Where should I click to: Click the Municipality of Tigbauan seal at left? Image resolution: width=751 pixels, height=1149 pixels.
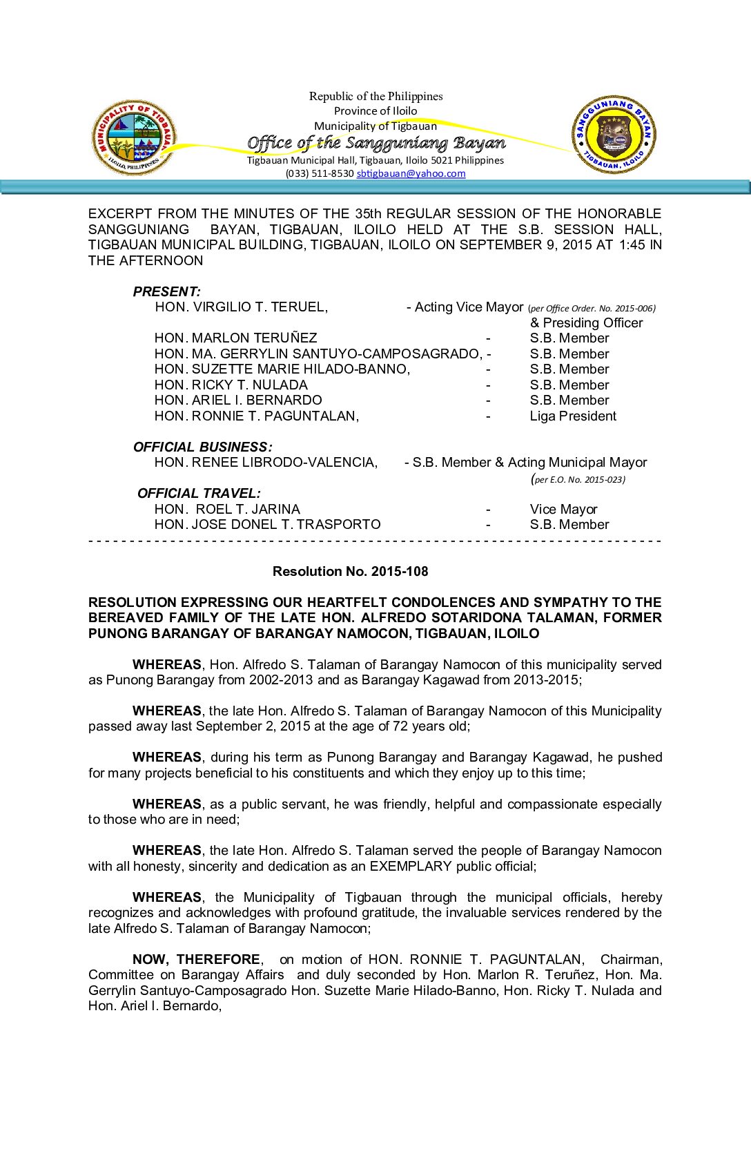(x=133, y=137)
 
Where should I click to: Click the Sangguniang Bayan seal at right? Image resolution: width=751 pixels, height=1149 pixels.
(x=614, y=135)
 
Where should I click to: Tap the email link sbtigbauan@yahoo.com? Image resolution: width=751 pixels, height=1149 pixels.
(x=411, y=173)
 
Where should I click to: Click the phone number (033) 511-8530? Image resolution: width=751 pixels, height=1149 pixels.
(x=320, y=173)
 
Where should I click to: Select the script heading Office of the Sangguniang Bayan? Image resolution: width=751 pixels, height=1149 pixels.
(x=376, y=143)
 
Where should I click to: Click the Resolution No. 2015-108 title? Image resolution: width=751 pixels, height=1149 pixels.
(x=350, y=571)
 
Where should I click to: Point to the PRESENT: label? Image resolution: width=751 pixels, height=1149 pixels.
(x=166, y=291)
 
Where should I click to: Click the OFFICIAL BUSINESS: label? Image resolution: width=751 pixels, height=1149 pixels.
(x=202, y=447)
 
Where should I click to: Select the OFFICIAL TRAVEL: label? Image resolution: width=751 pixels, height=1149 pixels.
(x=199, y=493)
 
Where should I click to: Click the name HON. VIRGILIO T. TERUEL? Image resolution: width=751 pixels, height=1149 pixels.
(x=241, y=307)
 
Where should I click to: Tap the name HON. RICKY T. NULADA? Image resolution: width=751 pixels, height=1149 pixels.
(x=231, y=385)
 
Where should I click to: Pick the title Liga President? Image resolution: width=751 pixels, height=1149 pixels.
(x=573, y=416)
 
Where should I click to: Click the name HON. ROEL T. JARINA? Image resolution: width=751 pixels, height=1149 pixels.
(x=227, y=509)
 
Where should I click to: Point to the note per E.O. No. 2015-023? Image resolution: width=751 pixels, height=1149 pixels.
(x=579, y=479)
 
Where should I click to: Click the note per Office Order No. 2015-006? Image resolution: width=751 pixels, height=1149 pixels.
(x=592, y=309)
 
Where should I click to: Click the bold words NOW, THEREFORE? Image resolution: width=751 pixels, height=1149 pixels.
(x=196, y=959)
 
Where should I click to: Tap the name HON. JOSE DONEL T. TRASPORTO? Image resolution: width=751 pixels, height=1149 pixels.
(x=267, y=524)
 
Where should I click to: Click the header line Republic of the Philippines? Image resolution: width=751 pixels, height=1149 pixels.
(x=375, y=96)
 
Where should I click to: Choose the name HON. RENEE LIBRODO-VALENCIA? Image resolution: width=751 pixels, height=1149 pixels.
(x=266, y=462)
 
